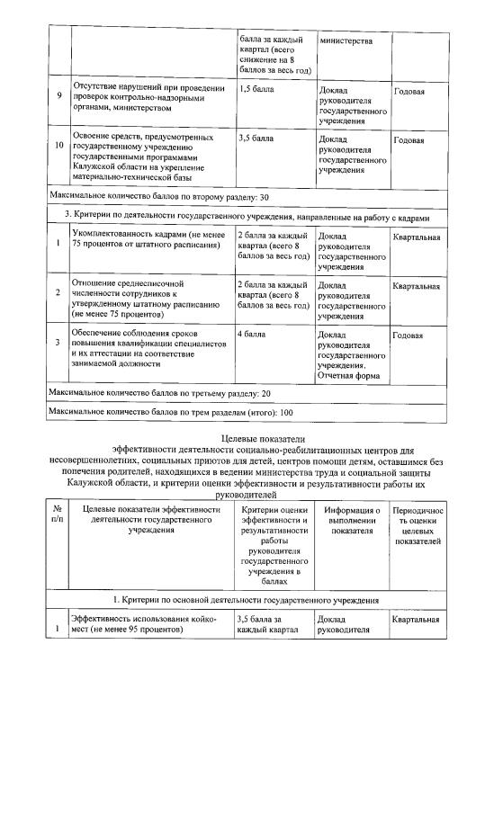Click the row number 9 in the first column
(58, 96)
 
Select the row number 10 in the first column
(58, 145)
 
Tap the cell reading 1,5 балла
(256, 91)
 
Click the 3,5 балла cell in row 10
(256, 139)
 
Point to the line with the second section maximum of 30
(158, 196)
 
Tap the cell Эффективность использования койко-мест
(139, 624)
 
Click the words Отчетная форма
(349, 375)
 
